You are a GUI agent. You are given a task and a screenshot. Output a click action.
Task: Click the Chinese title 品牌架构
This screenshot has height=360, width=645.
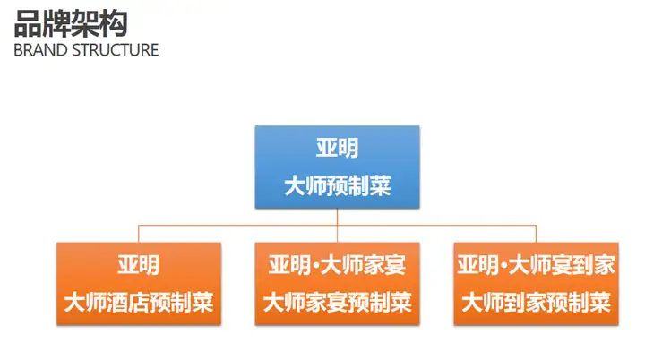click(x=71, y=21)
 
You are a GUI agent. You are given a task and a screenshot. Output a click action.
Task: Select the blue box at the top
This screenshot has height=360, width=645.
click(x=337, y=167)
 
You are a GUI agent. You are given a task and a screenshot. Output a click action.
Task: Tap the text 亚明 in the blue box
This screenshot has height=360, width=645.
click(x=337, y=148)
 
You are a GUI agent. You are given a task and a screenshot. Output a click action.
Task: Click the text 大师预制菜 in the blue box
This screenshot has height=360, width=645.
click(x=337, y=186)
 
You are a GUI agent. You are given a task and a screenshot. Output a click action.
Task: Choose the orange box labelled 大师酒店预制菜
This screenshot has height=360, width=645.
click(x=138, y=283)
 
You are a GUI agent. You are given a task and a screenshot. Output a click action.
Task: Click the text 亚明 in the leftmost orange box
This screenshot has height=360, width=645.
click(x=138, y=265)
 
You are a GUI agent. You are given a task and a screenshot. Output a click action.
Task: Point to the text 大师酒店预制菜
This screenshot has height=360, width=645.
click(x=138, y=303)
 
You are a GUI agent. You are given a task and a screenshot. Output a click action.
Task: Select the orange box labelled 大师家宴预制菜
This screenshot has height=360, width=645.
click(x=337, y=283)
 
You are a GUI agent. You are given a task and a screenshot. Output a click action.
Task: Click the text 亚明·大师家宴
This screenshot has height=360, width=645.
click(x=337, y=265)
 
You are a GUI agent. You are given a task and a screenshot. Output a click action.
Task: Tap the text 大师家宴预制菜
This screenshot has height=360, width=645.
click(x=337, y=303)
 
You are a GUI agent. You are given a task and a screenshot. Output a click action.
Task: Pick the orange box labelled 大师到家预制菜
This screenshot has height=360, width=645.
click(x=536, y=283)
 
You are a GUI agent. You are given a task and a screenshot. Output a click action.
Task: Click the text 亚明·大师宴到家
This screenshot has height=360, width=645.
click(x=536, y=265)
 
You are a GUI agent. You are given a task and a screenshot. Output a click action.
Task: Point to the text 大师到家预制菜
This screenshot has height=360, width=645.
click(x=536, y=303)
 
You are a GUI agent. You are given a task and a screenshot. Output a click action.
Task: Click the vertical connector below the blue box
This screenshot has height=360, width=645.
click(x=337, y=217)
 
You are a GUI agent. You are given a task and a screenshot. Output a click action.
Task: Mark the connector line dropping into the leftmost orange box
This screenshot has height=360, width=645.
click(x=138, y=233)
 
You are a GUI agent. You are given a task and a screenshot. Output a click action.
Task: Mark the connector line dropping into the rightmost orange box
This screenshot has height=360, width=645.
click(x=536, y=233)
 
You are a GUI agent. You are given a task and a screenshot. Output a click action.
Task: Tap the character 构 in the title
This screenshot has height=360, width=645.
click(x=114, y=21)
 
